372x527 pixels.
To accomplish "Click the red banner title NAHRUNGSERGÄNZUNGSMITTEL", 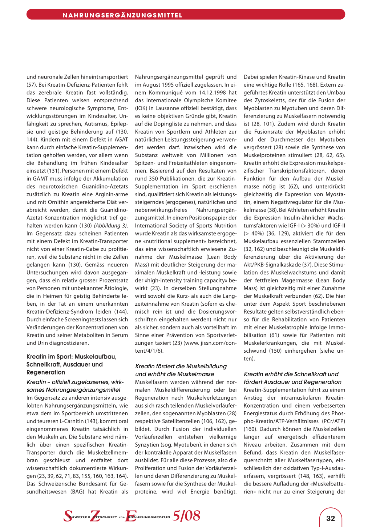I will pos(122,15).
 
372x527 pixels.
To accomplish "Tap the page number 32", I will pos(331,518).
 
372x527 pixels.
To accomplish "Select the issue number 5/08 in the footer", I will pos(186,516).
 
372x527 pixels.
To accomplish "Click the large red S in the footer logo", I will pos(68,516).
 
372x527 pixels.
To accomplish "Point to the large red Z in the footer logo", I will pos(95,516).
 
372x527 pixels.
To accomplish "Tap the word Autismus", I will pos(96,124).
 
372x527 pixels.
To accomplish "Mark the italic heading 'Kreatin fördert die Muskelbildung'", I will pos(181,366).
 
